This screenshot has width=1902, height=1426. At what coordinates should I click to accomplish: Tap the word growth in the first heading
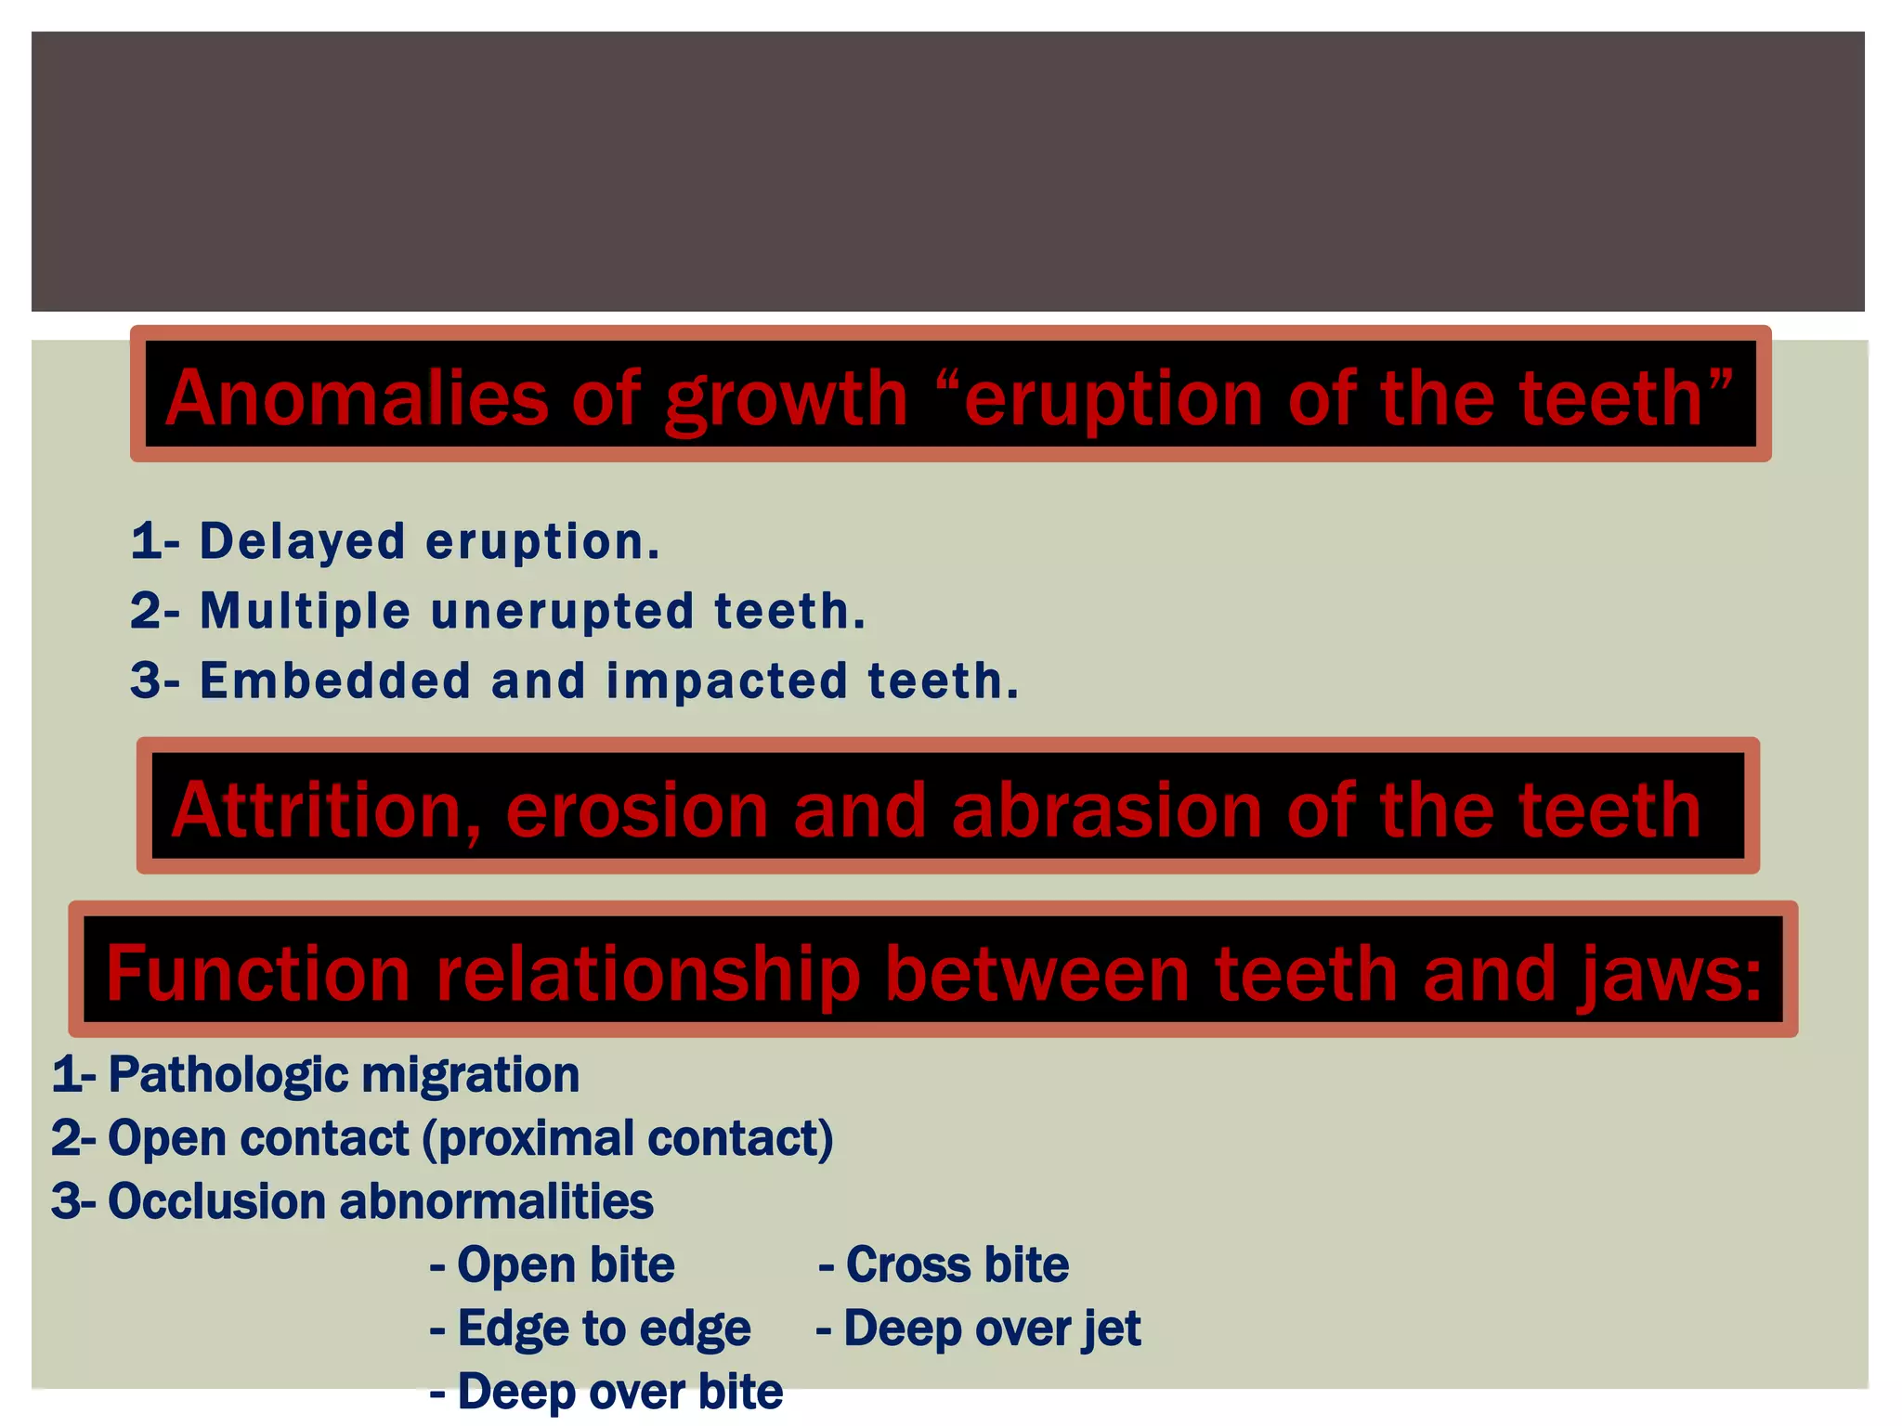click(786, 399)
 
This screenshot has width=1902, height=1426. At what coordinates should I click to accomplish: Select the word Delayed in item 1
click(303, 541)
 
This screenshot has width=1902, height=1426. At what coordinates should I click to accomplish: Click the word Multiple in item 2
click(306, 611)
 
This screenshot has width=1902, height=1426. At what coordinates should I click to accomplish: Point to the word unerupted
click(563, 611)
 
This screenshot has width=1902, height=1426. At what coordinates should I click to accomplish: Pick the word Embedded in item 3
click(335, 681)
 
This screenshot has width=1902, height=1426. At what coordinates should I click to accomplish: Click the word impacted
click(726, 681)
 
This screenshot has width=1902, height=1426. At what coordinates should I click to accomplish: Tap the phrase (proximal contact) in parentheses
click(628, 1138)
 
